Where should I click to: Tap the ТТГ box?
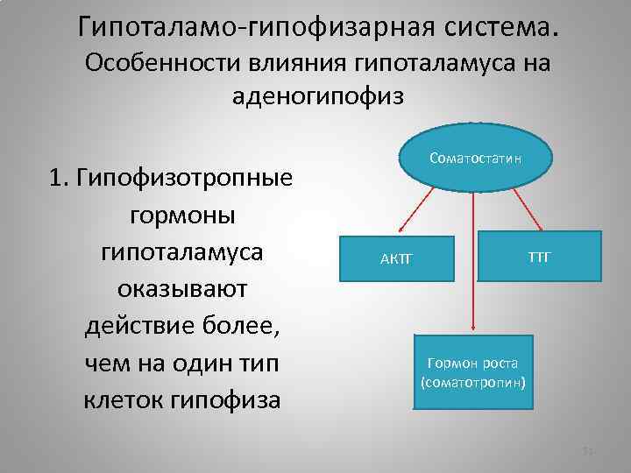[x=539, y=256]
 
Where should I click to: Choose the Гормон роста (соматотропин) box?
[x=472, y=372]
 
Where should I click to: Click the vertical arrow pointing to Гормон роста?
[x=473, y=263]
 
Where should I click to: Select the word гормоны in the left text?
[x=181, y=215]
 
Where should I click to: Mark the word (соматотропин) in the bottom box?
[x=472, y=383]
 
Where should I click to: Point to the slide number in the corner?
[x=589, y=451]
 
